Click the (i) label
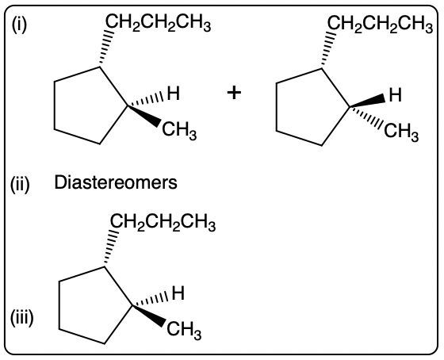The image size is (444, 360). [x=19, y=25]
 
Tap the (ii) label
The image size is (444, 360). [x=20, y=185]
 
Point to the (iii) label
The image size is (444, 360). [x=22, y=318]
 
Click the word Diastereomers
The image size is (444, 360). [x=116, y=182]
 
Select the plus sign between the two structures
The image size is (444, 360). [x=234, y=93]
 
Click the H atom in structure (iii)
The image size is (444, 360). [x=178, y=293]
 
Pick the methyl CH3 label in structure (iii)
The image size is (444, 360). [x=184, y=330]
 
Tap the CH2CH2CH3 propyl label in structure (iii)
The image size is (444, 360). [x=163, y=222]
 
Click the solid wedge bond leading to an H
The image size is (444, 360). [x=367, y=101]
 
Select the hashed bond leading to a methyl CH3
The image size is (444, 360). [x=366, y=117]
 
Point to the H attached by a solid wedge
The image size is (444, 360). [x=396, y=95]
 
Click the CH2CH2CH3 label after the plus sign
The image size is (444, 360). [x=381, y=24]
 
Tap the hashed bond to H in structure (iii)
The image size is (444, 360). [x=151, y=300]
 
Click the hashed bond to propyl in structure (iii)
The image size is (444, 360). [x=110, y=247]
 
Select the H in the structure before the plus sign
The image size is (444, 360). [x=174, y=94]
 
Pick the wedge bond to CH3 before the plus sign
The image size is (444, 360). [x=144, y=116]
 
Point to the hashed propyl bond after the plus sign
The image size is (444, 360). [x=328, y=49]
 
